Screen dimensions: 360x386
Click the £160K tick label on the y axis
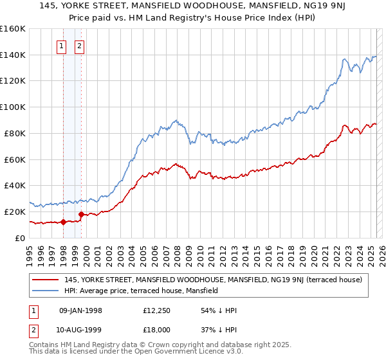(13, 29)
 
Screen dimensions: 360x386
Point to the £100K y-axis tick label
(13, 107)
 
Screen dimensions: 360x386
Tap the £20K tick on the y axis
(15, 212)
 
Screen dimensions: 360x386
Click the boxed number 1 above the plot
(61, 46)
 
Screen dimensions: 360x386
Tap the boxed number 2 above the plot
(79, 46)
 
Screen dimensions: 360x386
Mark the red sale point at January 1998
(63, 222)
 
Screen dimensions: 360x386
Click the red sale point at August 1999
(81, 215)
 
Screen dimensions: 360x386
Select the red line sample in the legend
(46, 280)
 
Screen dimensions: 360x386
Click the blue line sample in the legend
(46, 291)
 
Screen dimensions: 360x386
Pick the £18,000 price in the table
(157, 330)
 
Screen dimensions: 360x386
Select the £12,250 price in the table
(157, 310)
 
